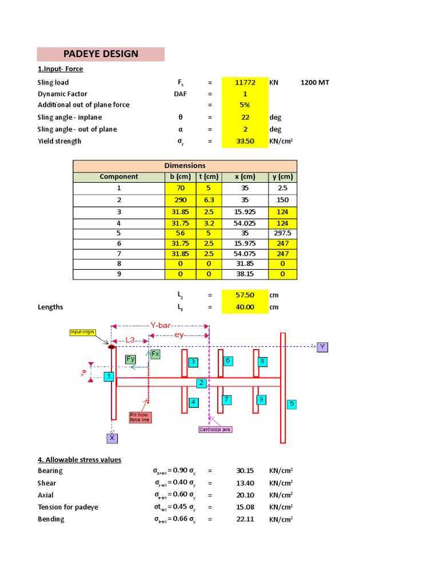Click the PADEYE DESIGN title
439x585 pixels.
point(101,54)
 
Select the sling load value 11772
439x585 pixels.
point(245,82)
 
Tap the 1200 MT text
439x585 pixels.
point(315,82)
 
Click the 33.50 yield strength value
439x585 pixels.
point(245,141)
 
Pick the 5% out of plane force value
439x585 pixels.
point(245,105)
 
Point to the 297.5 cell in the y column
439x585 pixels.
point(283,233)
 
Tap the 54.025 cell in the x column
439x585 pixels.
point(245,223)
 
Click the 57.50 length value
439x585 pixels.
point(245,295)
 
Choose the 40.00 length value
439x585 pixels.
point(245,307)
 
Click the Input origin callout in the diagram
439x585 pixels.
point(82,332)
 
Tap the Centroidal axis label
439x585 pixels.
point(215,430)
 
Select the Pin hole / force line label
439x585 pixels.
point(140,417)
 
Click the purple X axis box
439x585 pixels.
point(112,438)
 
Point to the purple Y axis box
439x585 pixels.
point(322,347)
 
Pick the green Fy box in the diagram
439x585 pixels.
point(131,359)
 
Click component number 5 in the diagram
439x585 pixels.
point(292,403)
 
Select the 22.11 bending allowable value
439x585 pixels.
point(245,519)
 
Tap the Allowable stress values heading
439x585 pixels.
point(79,459)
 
